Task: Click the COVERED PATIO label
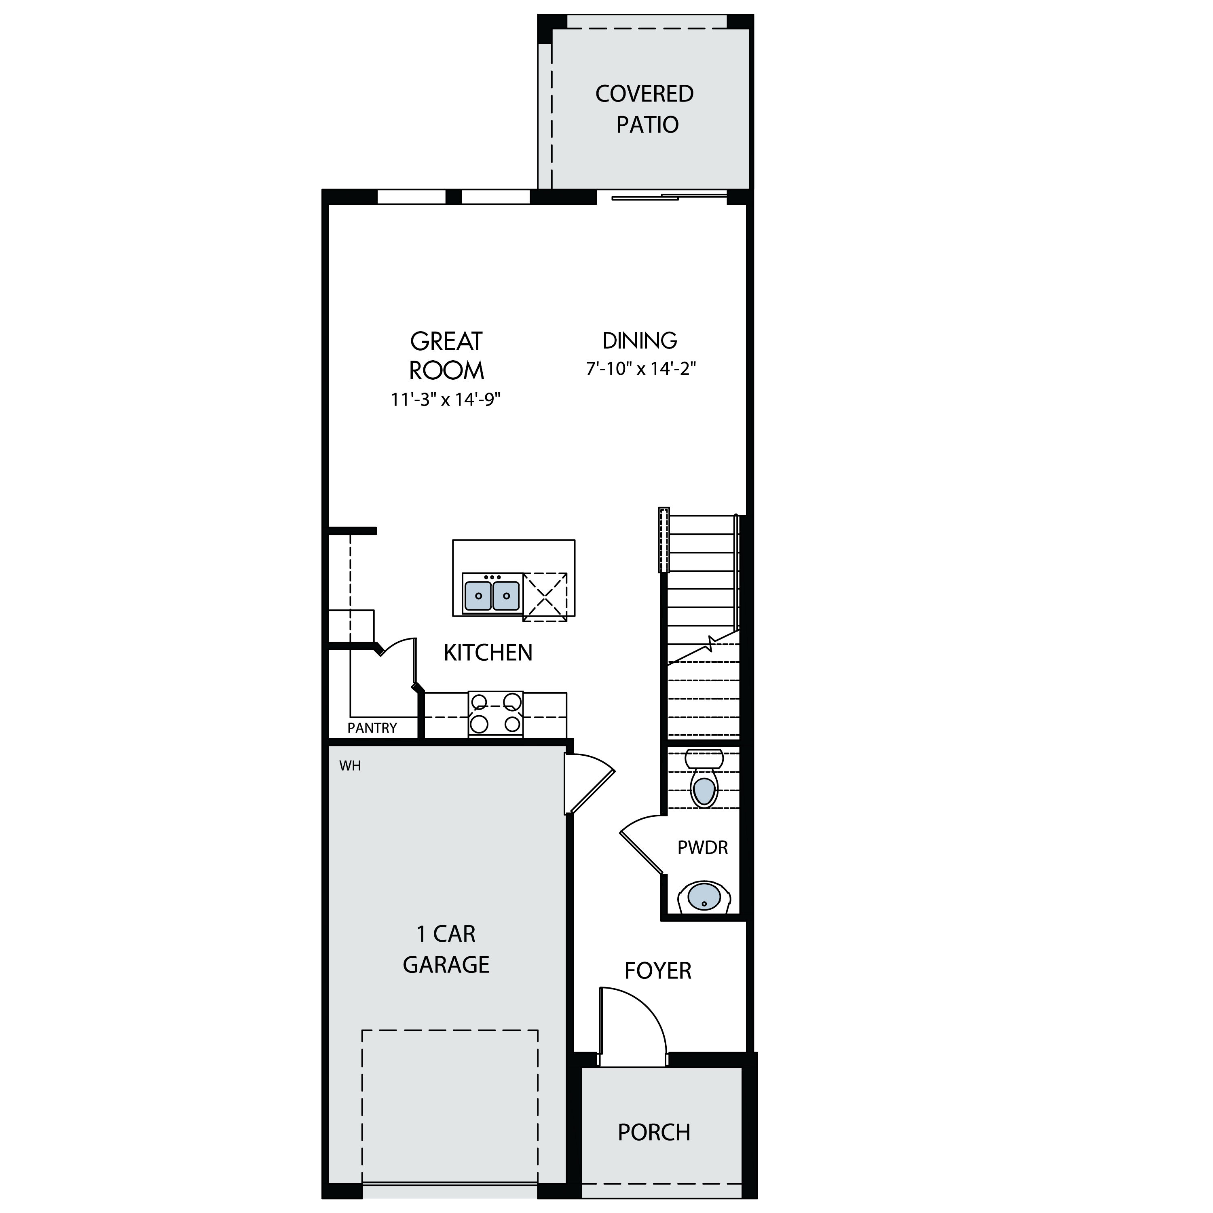645,109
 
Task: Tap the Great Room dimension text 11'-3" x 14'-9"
445,399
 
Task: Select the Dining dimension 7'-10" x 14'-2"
641,368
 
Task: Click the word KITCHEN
488,653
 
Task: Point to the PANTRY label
372,728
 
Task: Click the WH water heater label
350,765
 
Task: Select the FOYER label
658,971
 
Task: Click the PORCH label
654,1132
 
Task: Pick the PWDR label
703,847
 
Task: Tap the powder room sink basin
704,896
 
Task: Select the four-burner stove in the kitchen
495,714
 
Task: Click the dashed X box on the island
545,596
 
